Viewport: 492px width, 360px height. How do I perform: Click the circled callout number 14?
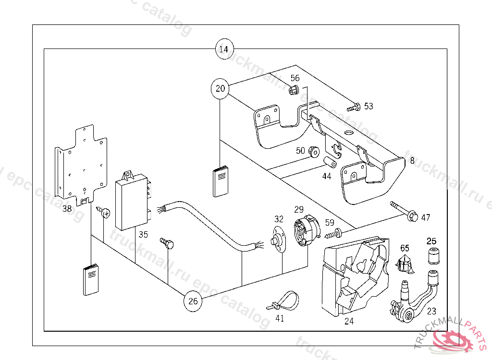(x=224, y=49)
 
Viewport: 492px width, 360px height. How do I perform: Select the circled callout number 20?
(x=220, y=89)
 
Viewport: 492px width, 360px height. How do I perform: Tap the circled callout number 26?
(x=193, y=301)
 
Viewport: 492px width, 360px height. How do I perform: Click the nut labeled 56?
(x=294, y=89)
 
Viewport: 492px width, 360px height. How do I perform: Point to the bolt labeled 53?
(x=354, y=107)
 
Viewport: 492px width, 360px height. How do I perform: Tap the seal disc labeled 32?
(x=277, y=241)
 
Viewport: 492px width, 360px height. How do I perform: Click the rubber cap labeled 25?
(x=434, y=255)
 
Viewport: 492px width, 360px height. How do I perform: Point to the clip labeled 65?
(x=405, y=264)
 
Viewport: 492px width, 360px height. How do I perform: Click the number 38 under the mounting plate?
(x=67, y=209)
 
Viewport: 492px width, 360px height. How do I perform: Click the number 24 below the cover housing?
(x=349, y=321)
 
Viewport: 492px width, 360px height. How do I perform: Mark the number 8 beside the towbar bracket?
(x=412, y=161)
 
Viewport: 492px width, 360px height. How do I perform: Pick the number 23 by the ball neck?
(x=431, y=311)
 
